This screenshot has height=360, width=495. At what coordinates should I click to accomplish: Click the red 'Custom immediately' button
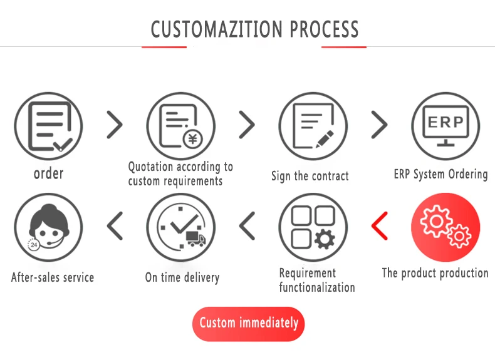[248, 324]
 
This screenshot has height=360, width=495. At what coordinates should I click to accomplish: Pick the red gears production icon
[445, 227]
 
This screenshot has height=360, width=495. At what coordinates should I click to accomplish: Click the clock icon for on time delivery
[181, 227]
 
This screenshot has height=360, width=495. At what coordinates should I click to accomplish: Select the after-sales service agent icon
[49, 227]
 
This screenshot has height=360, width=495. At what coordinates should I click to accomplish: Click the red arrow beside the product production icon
[380, 226]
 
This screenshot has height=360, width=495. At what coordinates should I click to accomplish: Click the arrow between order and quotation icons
[115, 125]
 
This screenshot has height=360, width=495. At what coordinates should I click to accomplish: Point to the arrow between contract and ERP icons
[379, 125]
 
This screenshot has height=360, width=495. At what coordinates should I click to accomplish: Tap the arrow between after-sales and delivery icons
[115, 226]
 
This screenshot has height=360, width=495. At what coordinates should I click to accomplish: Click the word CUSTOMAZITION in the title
[217, 29]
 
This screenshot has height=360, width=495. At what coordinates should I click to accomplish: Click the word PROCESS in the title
[324, 29]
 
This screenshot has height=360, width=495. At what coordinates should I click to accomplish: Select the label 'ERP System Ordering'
[440, 174]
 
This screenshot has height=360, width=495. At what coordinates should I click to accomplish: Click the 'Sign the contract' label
[310, 176]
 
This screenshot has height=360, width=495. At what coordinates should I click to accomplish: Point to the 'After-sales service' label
[53, 277]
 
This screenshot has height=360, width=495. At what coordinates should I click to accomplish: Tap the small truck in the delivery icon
[195, 238]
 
